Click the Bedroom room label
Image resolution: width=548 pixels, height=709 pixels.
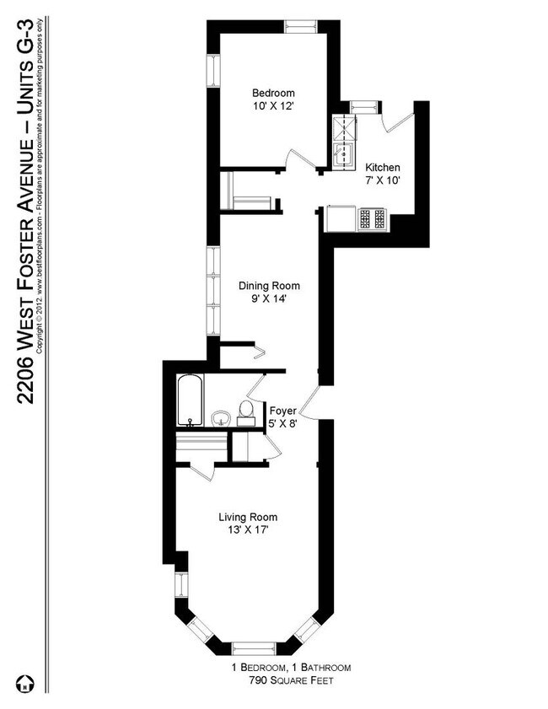tap(272, 93)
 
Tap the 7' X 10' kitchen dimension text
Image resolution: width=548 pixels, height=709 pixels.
tap(382, 180)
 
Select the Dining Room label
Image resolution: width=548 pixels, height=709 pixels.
tap(269, 285)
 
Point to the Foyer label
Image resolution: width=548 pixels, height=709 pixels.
tap(282, 411)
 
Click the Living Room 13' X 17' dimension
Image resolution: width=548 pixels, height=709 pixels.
tap(247, 530)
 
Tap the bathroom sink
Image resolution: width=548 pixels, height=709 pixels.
tap(222, 418)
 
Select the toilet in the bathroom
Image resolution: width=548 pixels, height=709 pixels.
tap(246, 411)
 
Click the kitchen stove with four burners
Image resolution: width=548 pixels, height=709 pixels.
tap(373, 218)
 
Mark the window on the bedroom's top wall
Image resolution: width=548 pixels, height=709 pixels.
tap(299, 25)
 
